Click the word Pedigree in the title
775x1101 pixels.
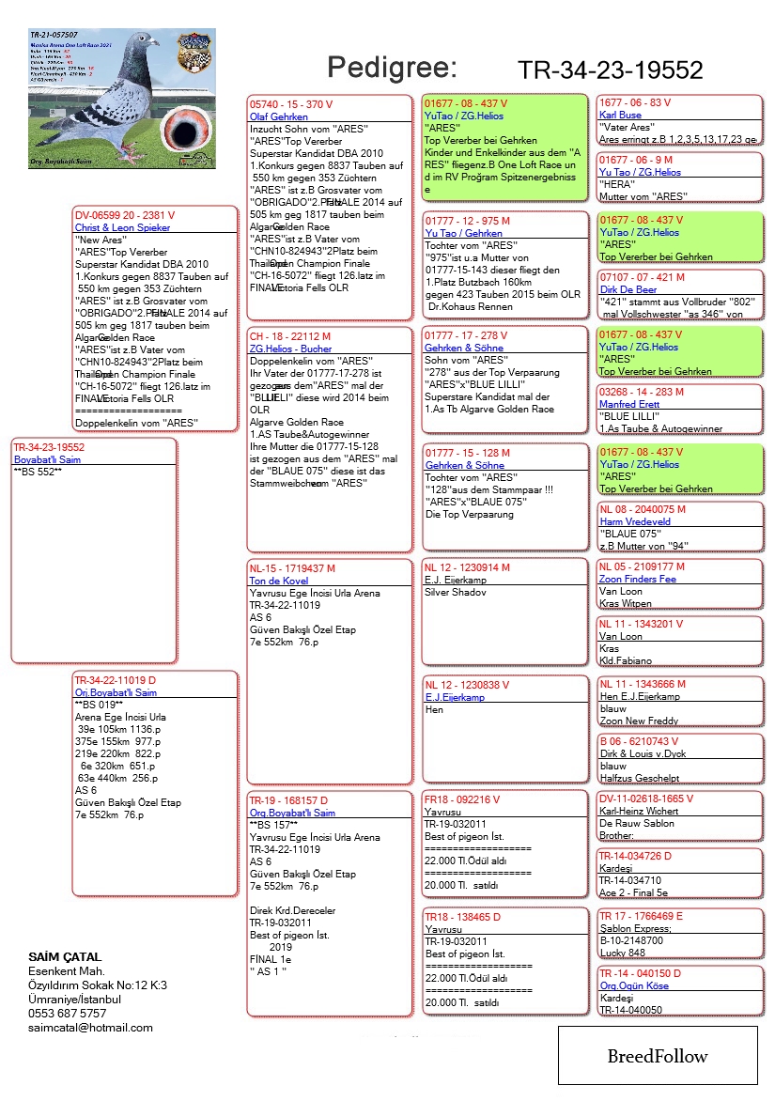pos(391,68)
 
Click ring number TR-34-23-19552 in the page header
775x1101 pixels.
pos(610,71)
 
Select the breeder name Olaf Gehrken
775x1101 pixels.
pos(278,116)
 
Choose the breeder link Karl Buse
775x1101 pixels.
pos(620,116)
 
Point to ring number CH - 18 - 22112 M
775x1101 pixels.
pos(290,335)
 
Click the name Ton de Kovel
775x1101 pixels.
pos(279,582)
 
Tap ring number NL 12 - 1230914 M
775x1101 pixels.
pos(467,567)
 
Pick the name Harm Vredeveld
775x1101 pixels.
pos(634,522)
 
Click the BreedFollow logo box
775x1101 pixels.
pos(658,1056)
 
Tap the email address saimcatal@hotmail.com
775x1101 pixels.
pos(90,1028)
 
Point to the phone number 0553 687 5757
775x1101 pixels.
pos(68,1014)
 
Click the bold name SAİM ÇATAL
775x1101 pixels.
pos(65,957)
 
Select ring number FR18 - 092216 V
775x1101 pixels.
pos(463,799)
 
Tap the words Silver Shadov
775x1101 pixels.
pos(456,593)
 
